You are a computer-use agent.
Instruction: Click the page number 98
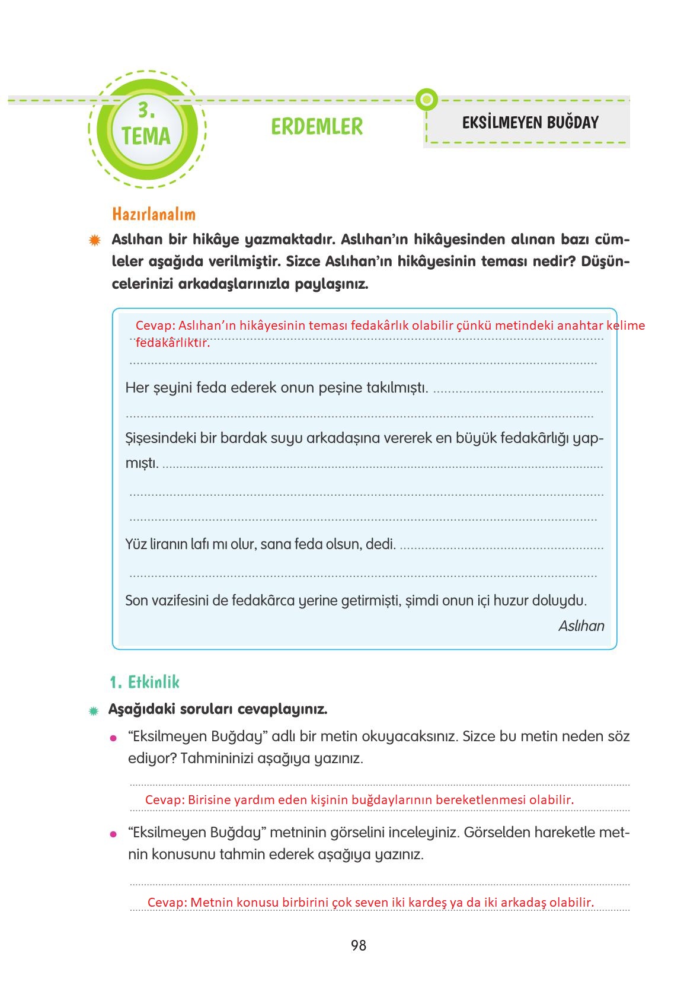coord(358,945)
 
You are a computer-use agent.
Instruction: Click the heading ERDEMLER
coord(317,126)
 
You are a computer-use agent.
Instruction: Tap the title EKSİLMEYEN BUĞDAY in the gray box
coord(530,123)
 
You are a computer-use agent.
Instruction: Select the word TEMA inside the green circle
coord(146,136)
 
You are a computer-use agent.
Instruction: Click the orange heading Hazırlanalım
coord(154,214)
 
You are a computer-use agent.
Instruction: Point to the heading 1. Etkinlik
coord(145,682)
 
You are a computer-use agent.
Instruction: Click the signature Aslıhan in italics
coord(581,626)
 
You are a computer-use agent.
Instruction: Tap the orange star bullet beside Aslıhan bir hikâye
coord(94,240)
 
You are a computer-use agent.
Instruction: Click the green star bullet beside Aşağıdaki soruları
coord(93,710)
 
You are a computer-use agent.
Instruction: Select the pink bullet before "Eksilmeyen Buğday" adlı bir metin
coord(113,738)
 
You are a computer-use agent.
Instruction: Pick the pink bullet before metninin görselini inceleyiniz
coord(113,834)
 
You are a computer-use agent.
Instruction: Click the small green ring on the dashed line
coord(426,99)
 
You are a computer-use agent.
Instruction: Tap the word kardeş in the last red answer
coord(428,902)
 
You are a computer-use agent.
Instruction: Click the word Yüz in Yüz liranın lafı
coord(136,544)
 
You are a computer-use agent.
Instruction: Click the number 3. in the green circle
coord(146,110)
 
